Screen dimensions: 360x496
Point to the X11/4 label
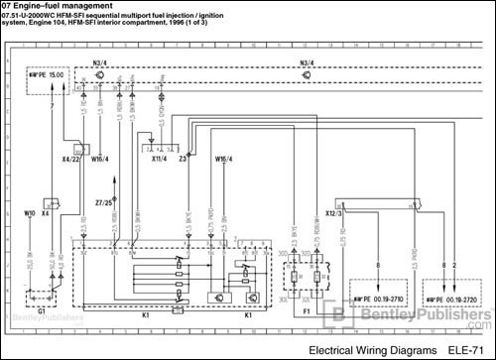159,157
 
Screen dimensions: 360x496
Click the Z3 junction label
184,157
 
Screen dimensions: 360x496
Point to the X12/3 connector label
333,211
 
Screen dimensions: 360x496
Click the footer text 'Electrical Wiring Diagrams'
372,350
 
